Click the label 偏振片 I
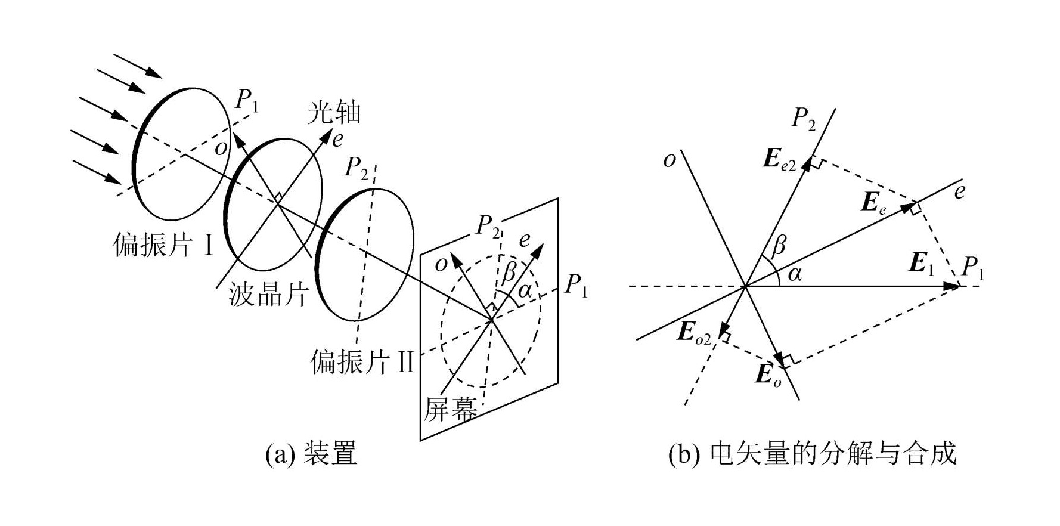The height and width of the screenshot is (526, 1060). tap(162, 245)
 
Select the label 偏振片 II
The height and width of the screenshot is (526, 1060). tap(361, 361)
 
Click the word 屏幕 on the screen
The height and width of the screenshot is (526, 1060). tap(451, 409)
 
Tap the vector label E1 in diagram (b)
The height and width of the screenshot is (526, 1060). tap(922, 263)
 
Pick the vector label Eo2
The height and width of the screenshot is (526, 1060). tap(694, 333)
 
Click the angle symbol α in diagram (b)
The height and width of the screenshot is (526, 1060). tap(795, 274)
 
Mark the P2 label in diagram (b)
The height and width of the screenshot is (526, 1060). tap(804, 119)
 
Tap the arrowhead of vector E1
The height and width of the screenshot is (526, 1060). tap(952, 286)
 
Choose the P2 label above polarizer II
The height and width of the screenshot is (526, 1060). tap(356, 168)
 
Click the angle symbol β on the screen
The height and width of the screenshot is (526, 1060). tap(508, 273)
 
